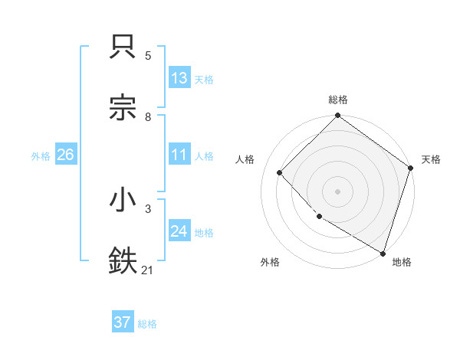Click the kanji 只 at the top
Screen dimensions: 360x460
(x=124, y=47)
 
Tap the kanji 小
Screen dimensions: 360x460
(x=124, y=201)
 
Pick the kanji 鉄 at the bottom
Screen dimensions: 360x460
(x=124, y=261)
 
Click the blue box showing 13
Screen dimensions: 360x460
(x=179, y=78)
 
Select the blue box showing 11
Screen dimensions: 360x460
(x=179, y=155)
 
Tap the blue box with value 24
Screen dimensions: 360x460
(x=179, y=231)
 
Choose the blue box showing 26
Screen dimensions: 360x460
(x=65, y=155)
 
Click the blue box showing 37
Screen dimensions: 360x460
(x=123, y=322)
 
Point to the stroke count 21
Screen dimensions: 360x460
(x=148, y=270)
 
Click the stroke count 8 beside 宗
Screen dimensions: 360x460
(x=148, y=116)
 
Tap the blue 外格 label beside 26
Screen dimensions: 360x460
(x=41, y=155)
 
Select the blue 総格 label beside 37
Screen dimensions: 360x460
(x=147, y=323)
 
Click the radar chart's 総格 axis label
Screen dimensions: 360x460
(x=338, y=100)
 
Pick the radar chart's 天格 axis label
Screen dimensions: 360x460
(x=431, y=159)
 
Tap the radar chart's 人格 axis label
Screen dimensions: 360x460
(x=245, y=159)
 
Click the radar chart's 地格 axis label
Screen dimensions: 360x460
(x=402, y=262)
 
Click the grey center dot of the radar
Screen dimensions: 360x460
(x=338, y=191)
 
